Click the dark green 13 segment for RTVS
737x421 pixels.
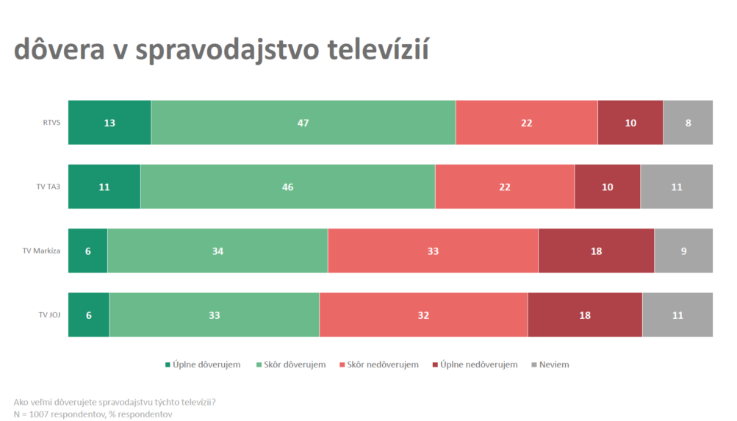pos(109,123)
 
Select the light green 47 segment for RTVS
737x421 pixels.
pos(303,123)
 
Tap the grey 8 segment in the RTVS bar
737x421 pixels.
pos(688,123)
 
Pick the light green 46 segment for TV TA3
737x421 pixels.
pos(287,187)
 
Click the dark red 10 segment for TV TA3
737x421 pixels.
pos(607,187)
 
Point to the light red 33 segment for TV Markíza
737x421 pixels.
pos(433,251)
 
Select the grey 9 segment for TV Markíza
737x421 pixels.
pos(683,251)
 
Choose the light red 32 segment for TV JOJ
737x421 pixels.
pos(423,315)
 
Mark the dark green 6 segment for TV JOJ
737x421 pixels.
pos(89,315)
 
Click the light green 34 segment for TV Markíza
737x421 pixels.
pos(217,251)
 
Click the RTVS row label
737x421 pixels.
pos(51,123)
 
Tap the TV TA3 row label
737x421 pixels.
pos(48,187)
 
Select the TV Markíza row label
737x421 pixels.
pos(41,251)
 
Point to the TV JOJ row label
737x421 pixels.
pos(48,315)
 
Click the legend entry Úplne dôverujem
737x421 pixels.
pos(206,365)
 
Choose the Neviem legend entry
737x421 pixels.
pos(554,365)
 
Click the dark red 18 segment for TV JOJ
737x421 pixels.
pos(585,315)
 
